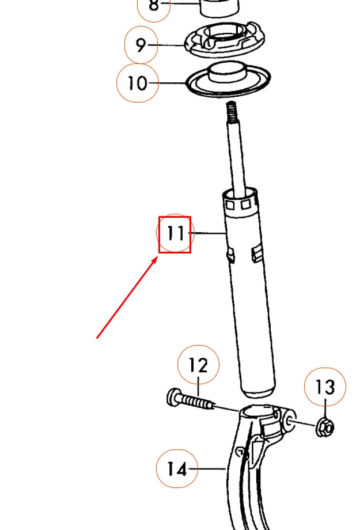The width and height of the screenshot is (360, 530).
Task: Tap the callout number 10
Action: coord(137,84)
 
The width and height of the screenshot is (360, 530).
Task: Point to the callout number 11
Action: coord(175,234)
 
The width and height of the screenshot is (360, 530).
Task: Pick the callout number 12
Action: coord(198,365)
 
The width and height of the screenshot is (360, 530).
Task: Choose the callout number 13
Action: coord(325,388)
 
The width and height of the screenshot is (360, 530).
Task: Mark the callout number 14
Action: coord(177,469)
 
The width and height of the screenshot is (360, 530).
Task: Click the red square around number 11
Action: coord(175,218)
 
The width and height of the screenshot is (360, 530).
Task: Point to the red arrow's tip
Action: coord(157,259)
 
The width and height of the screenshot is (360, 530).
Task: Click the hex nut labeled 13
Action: coord(325,427)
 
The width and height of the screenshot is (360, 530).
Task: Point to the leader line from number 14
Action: coord(211,469)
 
